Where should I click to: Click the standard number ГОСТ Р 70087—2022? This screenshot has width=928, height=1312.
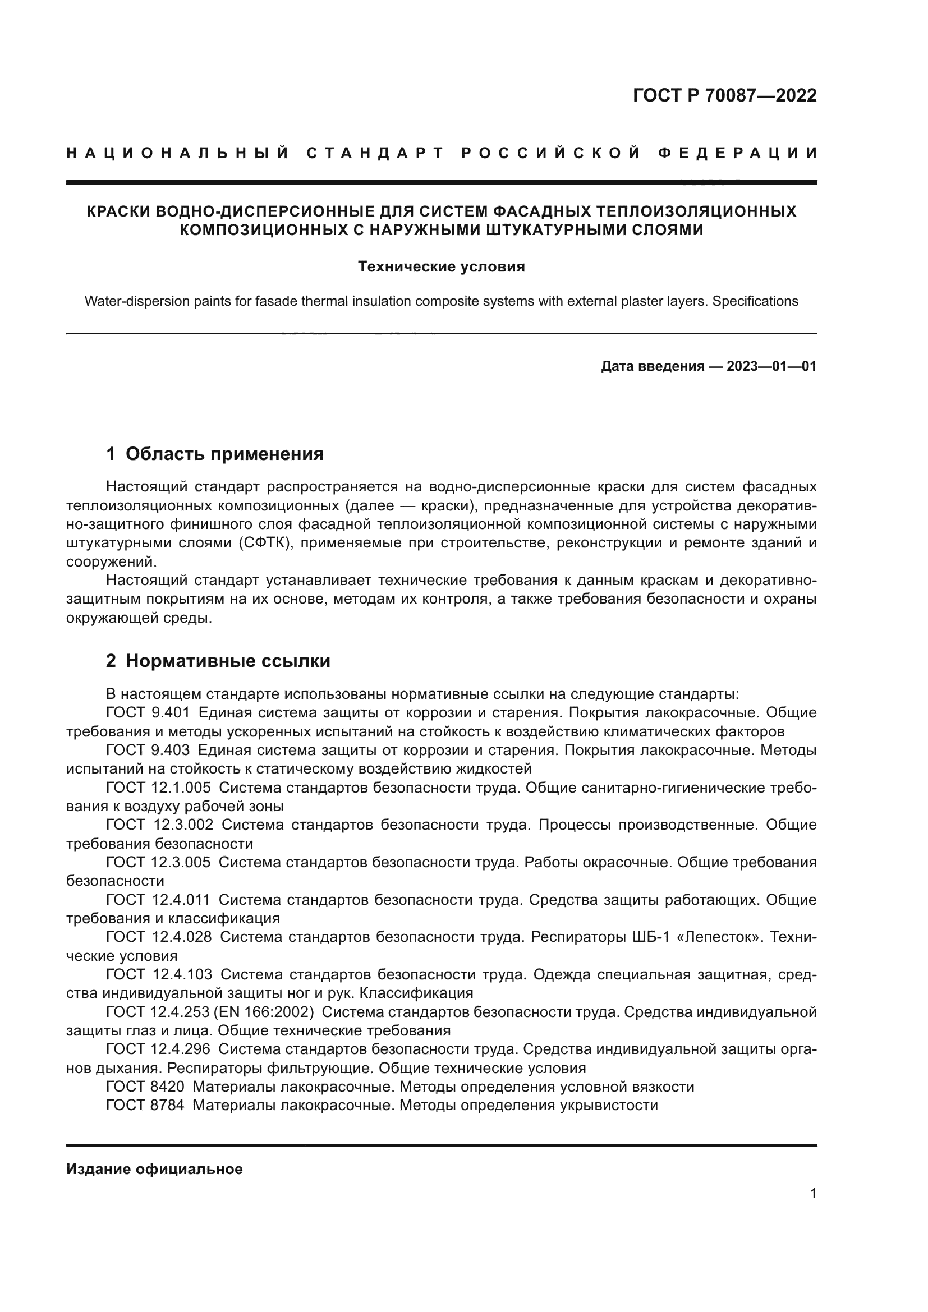[x=724, y=95]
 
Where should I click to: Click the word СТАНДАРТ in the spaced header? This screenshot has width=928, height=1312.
[x=375, y=153]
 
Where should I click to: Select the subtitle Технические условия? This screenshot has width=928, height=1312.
[x=441, y=267]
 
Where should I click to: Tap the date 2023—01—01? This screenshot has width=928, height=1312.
[x=771, y=366]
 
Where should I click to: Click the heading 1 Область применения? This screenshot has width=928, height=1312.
[x=215, y=454]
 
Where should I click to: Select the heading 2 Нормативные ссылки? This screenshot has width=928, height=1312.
[x=218, y=661]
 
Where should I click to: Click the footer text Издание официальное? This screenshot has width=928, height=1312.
[x=154, y=1169]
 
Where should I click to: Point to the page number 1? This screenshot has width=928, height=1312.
[x=812, y=1194]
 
